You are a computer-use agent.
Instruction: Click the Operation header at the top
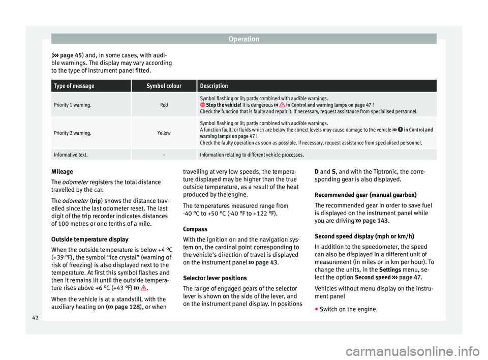[243, 39]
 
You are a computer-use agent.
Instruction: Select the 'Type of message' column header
[74, 86]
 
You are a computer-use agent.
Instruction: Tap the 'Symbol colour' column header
[164, 86]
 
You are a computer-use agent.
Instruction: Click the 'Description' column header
[214, 86]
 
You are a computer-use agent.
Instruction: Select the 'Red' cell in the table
[164, 104]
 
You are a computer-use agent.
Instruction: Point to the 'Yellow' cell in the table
[164, 133]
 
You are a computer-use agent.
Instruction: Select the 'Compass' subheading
[195, 229]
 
